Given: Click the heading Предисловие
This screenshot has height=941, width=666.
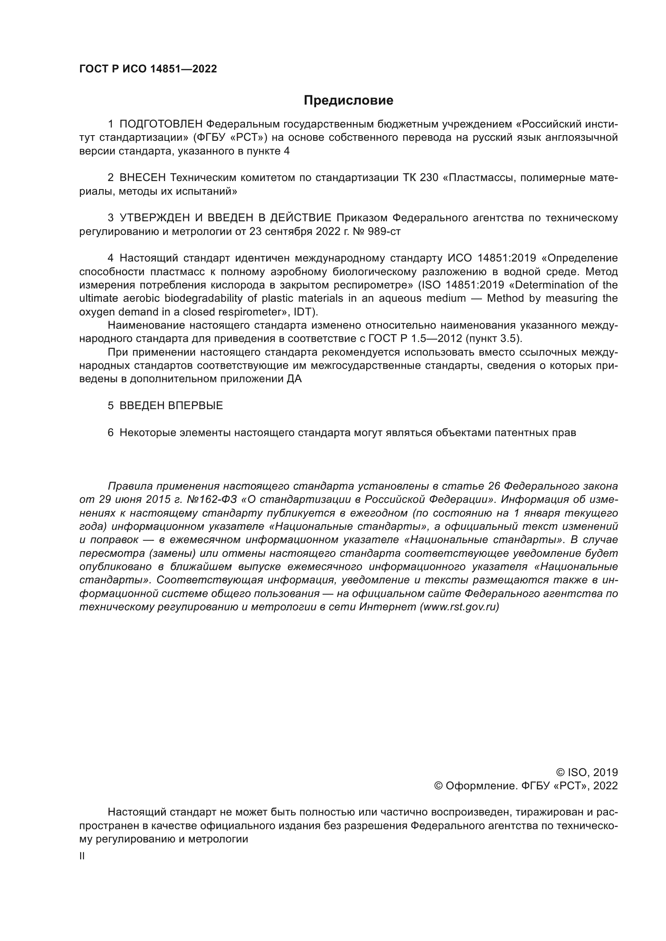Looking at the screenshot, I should click(x=348, y=101).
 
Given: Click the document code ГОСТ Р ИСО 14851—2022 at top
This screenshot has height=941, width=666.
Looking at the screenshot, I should click(x=148, y=69).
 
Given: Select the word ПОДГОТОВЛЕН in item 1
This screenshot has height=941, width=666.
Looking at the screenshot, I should click(x=161, y=124).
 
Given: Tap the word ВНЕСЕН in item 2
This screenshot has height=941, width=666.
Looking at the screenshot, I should click(x=143, y=177).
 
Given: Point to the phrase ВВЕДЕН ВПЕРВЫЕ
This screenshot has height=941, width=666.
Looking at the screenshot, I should click(x=171, y=406).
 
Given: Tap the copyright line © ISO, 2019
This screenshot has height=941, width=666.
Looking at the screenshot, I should click(x=586, y=772).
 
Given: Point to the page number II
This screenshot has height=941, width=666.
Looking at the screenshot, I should click(x=82, y=856).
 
